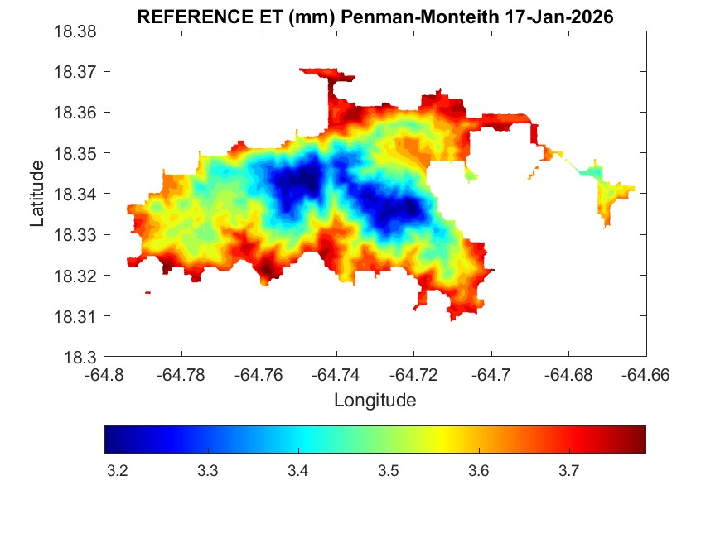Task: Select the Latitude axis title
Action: coord(37,194)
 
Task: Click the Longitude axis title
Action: coord(375,401)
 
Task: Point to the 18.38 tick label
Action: coord(75,31)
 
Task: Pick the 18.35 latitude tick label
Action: coord(75,153)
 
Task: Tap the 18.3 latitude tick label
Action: coord(80,358)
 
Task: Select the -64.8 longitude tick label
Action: coord(105,376)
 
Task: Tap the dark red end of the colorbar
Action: coord(640,440)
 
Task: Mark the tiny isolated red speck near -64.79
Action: coord(147,292)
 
